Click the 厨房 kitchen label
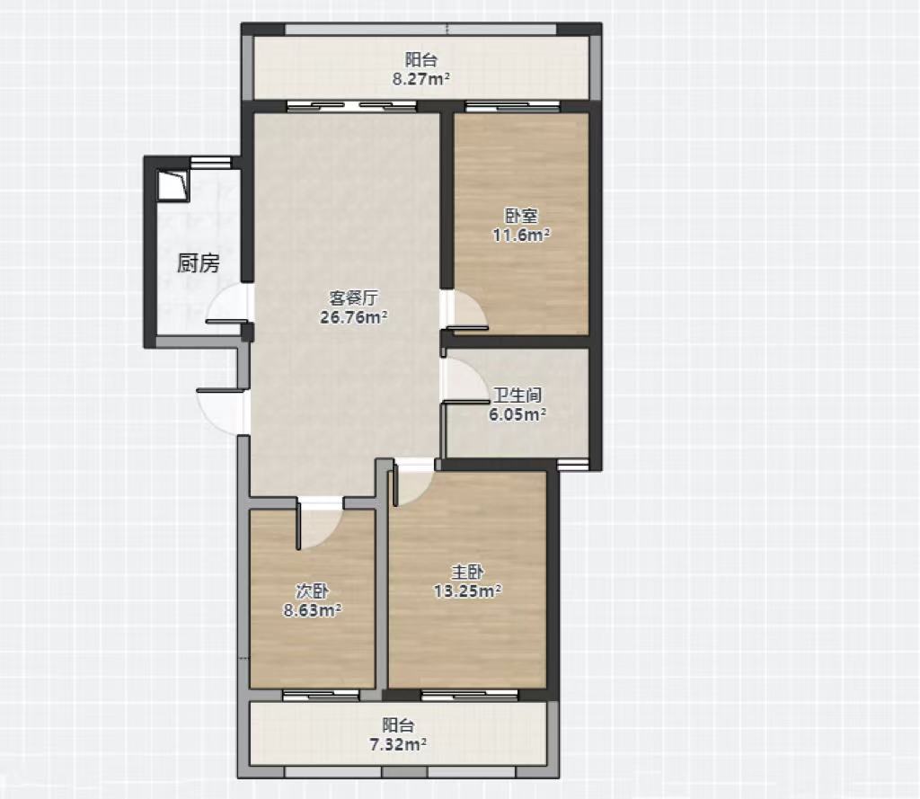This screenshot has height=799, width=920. coord(199,263)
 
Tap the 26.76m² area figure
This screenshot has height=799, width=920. coord(353,317)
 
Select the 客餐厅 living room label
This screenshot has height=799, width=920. coord(353,298)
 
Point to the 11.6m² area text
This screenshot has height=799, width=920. coord(521,235)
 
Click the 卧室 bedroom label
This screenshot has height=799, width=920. coord(521,216)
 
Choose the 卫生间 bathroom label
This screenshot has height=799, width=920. coord(517,395)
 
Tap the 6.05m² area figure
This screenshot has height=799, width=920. coord(517,414)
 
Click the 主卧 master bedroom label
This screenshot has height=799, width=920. coord(467,572)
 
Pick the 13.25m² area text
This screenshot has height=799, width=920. coord(467,590)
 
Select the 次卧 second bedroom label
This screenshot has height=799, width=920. coord(312,590)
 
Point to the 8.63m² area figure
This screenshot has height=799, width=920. coord(313,610)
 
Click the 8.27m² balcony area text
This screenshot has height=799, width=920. coord(421,79)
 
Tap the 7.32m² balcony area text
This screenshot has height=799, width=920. coord(398,744)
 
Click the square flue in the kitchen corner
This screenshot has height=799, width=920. coord(173,185)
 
